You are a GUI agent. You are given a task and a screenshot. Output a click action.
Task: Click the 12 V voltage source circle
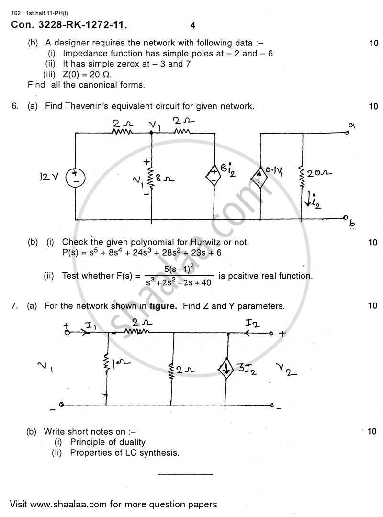point(76,179)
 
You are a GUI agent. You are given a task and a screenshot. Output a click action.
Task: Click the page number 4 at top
point(193,26)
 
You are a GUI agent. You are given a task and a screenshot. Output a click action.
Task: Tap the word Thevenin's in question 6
point(89,106)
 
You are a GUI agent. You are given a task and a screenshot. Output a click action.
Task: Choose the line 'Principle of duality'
point(108,442)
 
